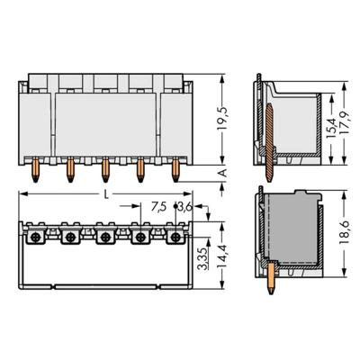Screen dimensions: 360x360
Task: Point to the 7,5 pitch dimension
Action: click(x=157, y=206)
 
